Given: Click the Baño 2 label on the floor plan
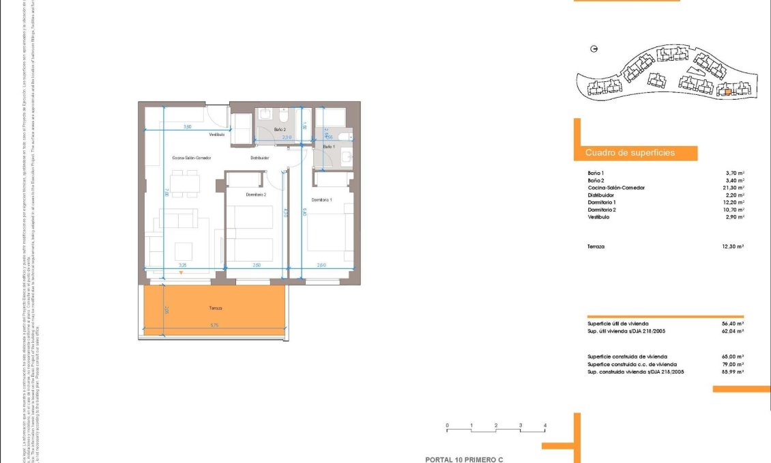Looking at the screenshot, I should (x=280, y=128).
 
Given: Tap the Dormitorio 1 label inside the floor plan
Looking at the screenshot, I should (x=321, y=199).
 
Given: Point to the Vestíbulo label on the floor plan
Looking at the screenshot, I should (x=217, y=134).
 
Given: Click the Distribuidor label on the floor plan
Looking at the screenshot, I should (x=259, y=158).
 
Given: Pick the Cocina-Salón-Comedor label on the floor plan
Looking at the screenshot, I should (x=192, y=158).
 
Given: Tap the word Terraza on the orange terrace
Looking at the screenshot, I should (x=216, y=308).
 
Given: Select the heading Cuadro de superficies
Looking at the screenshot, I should (x=630, y=153).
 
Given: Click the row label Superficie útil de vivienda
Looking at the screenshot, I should (x=617, y=323).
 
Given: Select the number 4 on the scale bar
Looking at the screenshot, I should (x=544, y=425).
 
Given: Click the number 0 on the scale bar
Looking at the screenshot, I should (x=447, y=425).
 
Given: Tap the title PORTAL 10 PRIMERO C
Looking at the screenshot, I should (x=463, y=460).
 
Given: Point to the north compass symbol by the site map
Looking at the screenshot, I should (x=594, y=49).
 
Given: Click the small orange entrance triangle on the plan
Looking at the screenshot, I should (x=180, y=272).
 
